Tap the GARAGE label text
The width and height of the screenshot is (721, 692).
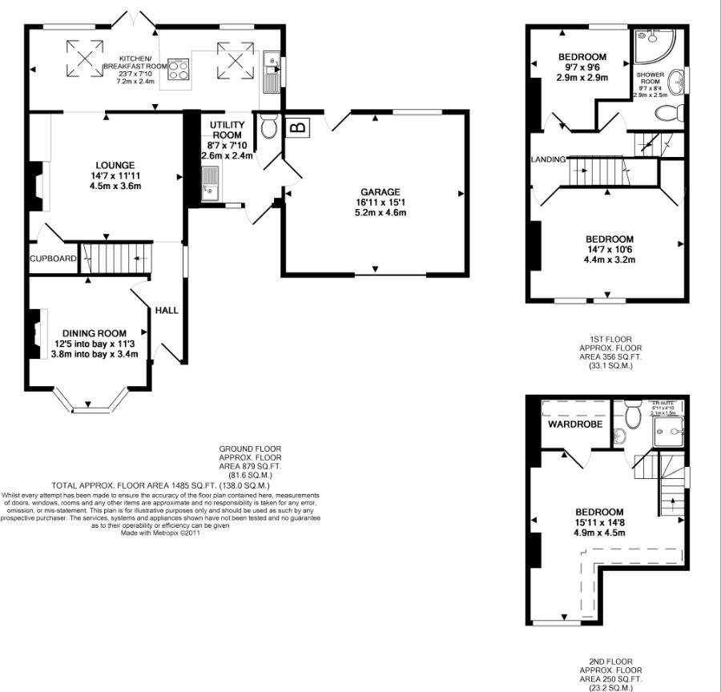point(380,192)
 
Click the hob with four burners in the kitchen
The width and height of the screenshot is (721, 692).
point(179,70)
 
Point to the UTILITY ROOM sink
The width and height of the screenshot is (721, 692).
point(209,183)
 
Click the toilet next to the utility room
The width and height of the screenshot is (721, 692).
point(268,126)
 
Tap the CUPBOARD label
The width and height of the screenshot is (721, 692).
point(54,259)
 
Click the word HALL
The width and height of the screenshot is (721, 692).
point(167,310)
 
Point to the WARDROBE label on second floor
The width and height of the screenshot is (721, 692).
point(574,424)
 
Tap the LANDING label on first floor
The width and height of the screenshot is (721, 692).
point(548,159)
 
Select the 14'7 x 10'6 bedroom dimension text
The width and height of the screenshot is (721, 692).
point(609,250)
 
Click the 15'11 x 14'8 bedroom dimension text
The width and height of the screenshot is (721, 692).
point(600,523)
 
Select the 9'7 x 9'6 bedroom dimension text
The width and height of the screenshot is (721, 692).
point(582,68)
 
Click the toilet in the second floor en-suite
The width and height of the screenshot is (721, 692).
point(633,413)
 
